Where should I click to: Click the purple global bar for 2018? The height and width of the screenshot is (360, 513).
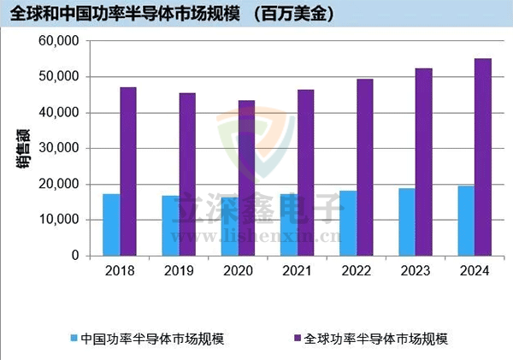128,171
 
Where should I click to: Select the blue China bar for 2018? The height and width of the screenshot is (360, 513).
111,225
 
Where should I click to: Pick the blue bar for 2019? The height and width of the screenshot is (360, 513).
170,226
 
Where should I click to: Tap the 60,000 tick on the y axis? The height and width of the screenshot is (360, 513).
61,41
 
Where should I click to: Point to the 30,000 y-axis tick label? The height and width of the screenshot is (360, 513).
61,148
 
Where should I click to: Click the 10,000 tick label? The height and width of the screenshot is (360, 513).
61,220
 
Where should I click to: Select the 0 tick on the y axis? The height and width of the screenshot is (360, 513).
74,256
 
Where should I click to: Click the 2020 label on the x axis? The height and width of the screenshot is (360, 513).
238,271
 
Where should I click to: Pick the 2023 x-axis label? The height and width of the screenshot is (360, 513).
416,271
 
